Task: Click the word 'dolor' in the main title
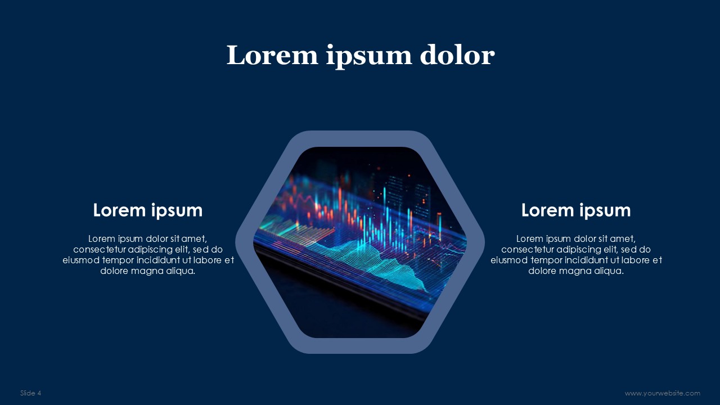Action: [457, 55]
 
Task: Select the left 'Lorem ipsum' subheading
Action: [147, 210]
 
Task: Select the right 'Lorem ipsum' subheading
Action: [575, 210]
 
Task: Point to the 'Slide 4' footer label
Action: [31, 393]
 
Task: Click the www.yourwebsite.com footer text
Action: [662, 393]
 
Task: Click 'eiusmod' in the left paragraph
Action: [81, 260]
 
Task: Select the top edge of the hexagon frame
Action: [360, 138]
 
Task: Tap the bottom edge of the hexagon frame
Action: [360, 346]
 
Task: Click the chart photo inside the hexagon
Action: [360, 242]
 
